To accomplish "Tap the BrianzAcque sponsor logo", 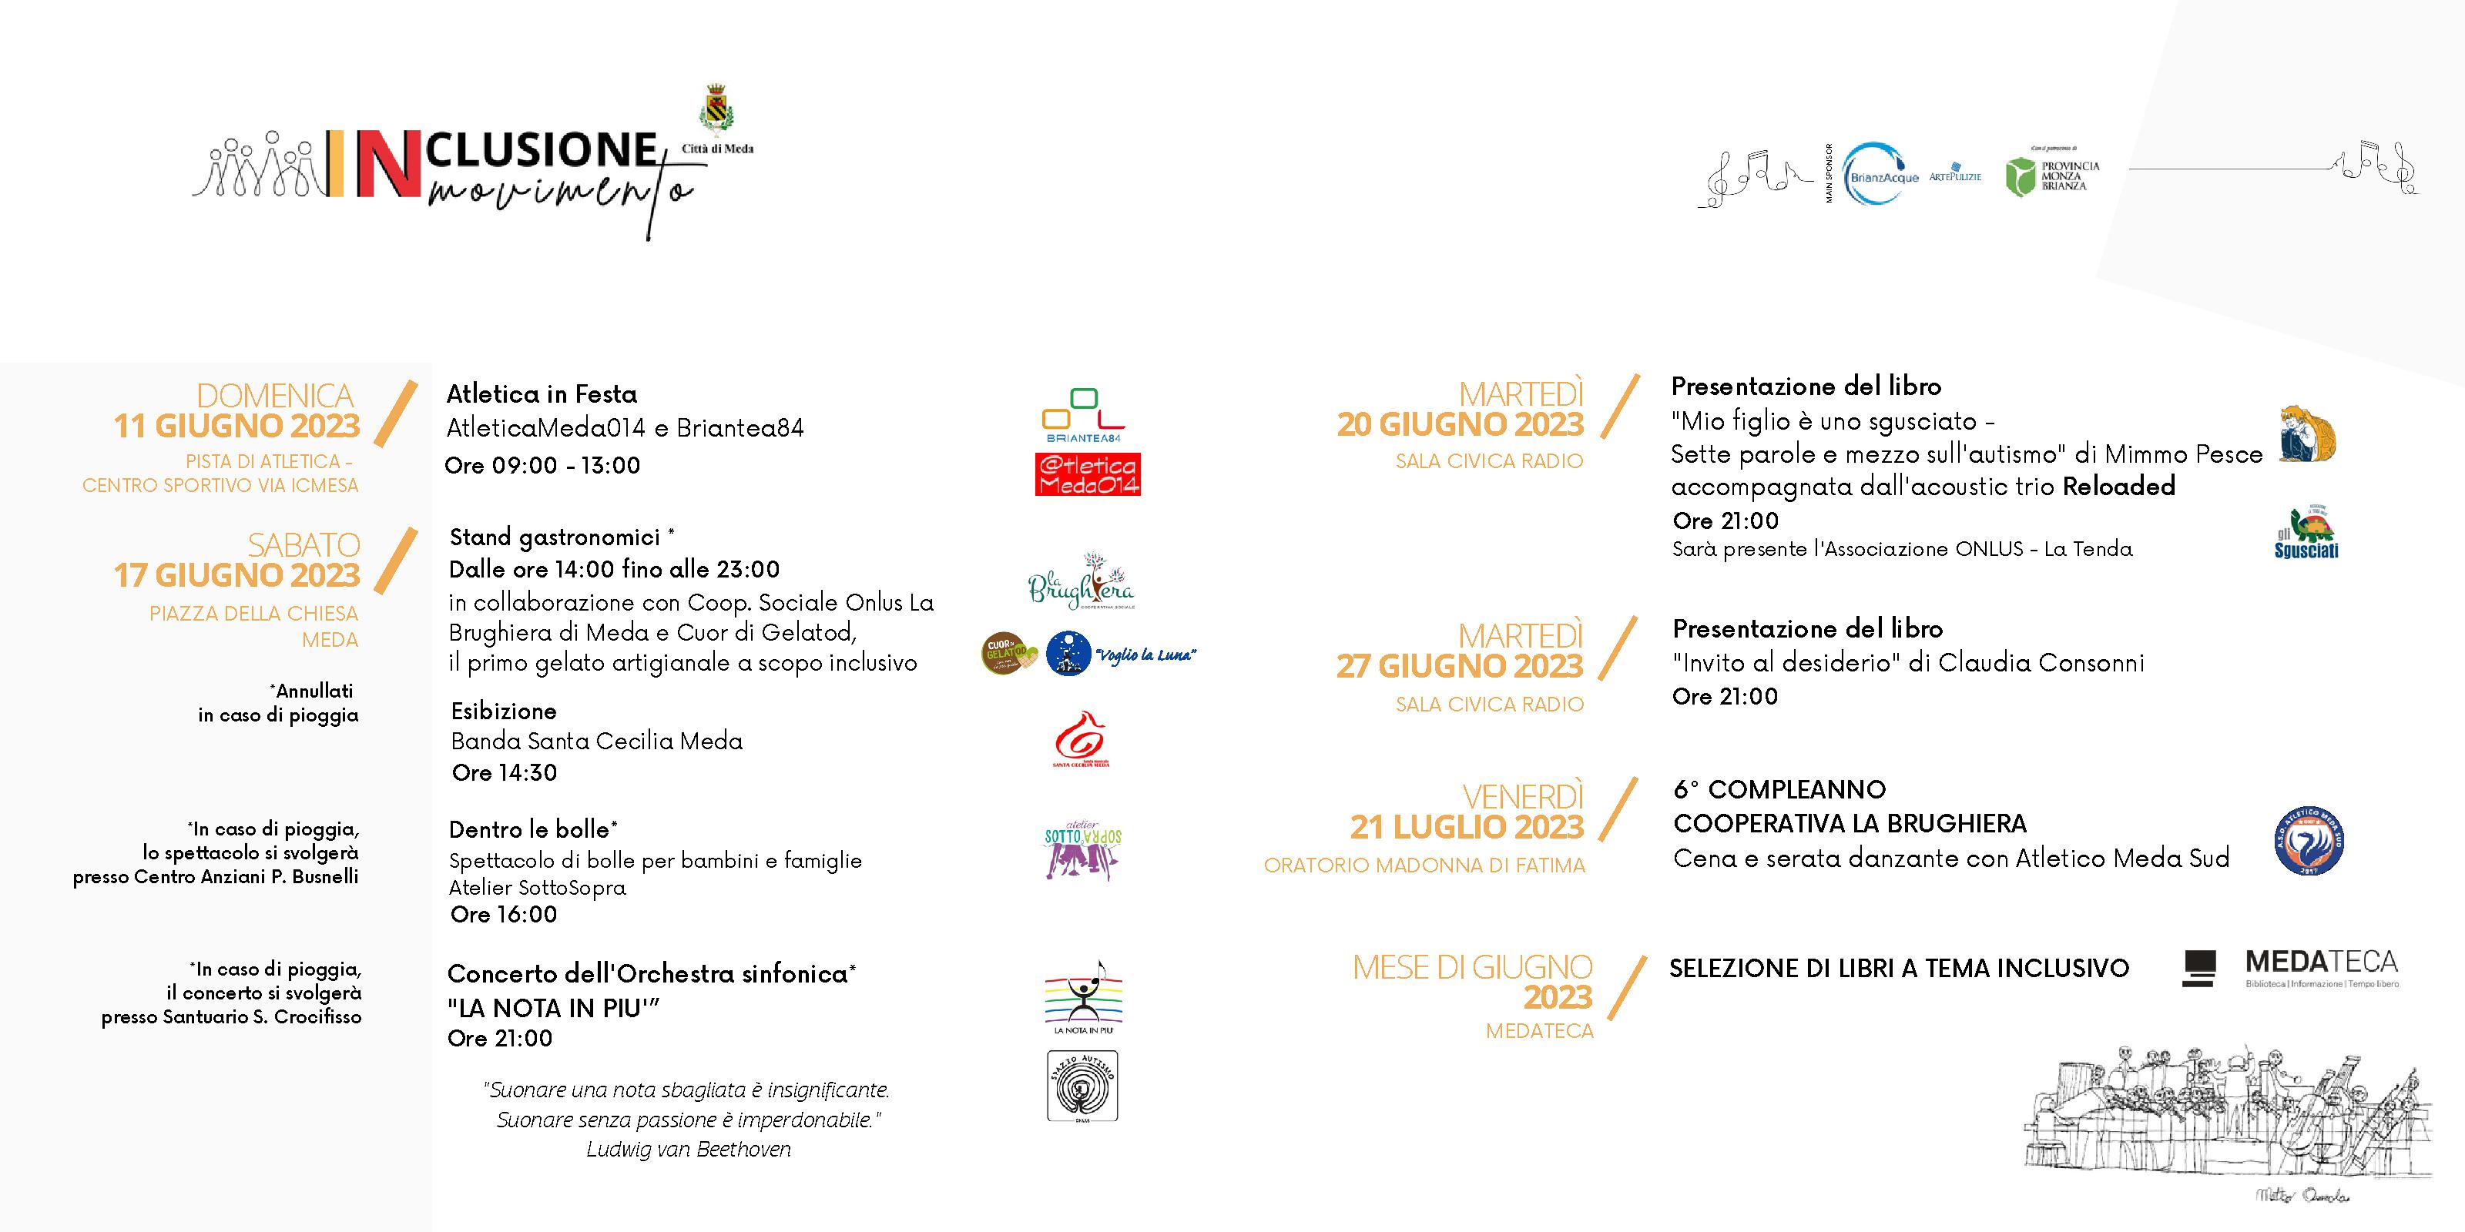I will (x=1880, y=175).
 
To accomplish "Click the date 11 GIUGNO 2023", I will (x=236, y=426).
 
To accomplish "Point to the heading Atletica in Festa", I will (x=542, y=394).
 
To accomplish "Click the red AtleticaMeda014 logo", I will (x=1087, y=474).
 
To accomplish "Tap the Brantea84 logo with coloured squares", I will (x=1082, y=413).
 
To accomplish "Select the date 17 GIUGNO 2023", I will (x=236, y=575).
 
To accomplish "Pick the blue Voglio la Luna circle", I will (x=1069, y=654).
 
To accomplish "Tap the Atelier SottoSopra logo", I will (x=1082, y=850).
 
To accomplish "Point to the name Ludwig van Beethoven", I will (x=688, y=1149).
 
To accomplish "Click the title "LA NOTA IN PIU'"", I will (x=554, y=1007).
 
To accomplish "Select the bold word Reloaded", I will (x=2118, y=486).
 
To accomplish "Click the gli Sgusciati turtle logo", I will (x=2306, y=532).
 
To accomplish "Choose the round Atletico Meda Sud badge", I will (x=2308, y=842).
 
